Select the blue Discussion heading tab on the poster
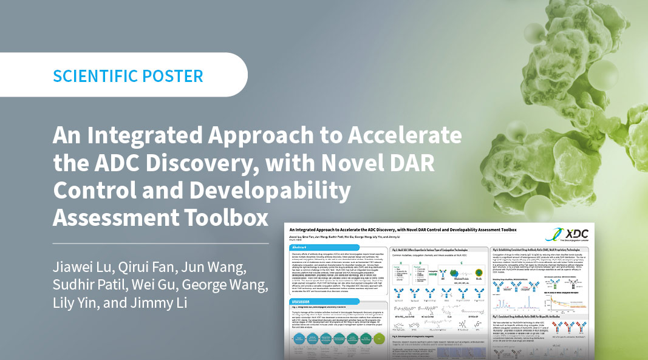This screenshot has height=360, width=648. pyautogui.click(x=305, y=302)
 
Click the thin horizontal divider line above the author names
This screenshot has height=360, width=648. pyautogui.click(x=161, y=243)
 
